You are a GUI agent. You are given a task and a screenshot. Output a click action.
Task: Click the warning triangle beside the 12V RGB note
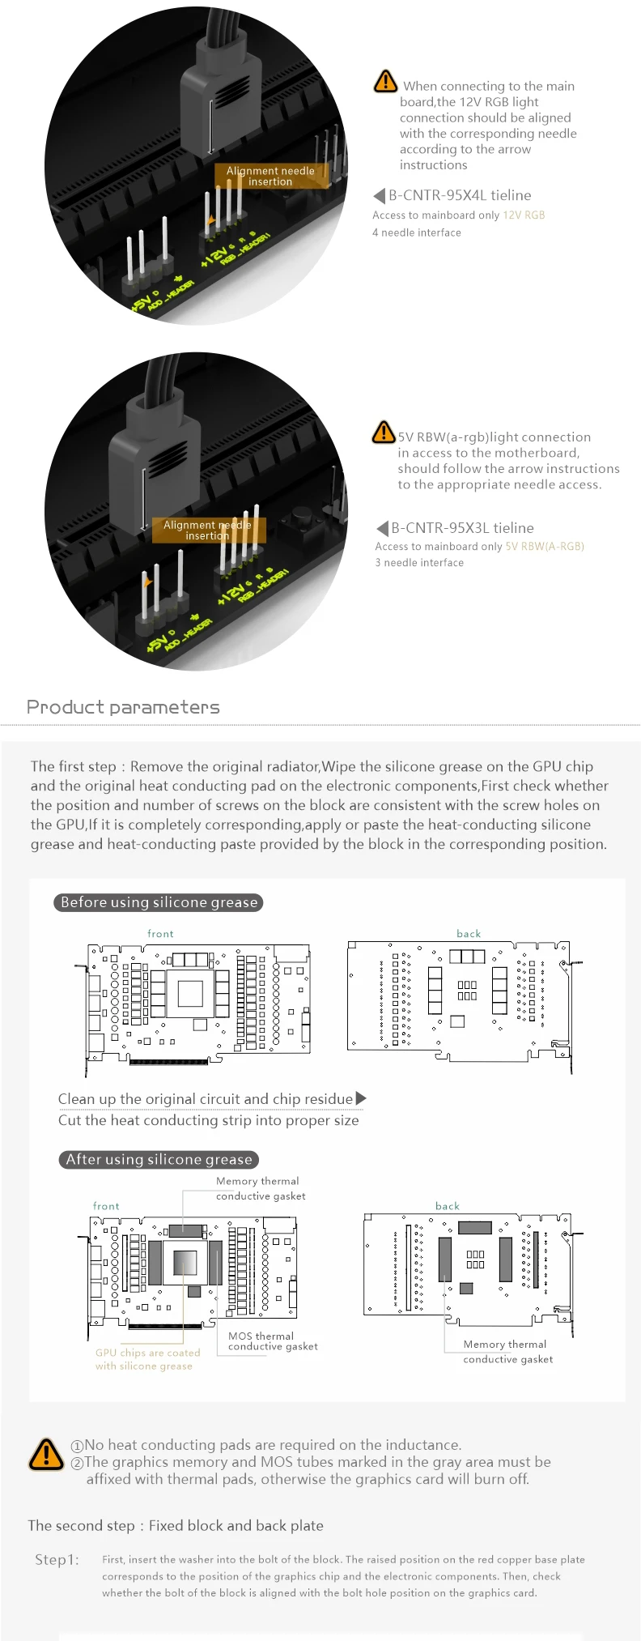(x=385, y=81)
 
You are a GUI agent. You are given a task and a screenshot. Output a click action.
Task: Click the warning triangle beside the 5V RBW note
(x=383, y=433)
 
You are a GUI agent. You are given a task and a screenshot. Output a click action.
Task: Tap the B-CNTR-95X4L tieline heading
(x=459, y=195)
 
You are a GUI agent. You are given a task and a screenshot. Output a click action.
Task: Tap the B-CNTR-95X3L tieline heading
(x=462, y=528)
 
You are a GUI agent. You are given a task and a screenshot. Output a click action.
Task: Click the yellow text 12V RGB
(x=524, y=215)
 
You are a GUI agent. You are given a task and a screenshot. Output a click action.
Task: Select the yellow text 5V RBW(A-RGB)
(x=545, y=547)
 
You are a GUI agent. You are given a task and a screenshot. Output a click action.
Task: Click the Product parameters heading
(x=123, y=707)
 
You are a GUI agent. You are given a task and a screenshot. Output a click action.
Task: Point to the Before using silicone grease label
(x=159, y=902)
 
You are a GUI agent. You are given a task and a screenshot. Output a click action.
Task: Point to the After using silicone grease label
(x=159, y=1160)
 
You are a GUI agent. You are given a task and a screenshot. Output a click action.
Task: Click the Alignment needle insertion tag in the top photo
(x=271, y=176)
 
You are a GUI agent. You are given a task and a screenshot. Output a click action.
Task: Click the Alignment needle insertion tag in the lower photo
(x=208, y=530)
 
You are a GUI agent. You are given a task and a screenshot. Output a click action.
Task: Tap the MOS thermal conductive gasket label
(x=273, y=1341)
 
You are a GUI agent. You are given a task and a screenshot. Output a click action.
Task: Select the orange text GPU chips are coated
(x=147, y=1353)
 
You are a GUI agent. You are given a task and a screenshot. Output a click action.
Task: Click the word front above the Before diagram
(x=160, y=934)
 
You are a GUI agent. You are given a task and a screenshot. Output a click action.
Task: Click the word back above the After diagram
(x=448, y=1206)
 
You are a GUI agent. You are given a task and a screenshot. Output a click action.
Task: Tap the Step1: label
(x=57, y=1560)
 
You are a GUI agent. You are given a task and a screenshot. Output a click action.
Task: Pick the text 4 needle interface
(x=417, y=232)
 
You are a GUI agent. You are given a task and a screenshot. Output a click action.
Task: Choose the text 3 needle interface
(x=419, y=563)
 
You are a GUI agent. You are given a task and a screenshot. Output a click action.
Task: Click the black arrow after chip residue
(x=361, y=1098)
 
